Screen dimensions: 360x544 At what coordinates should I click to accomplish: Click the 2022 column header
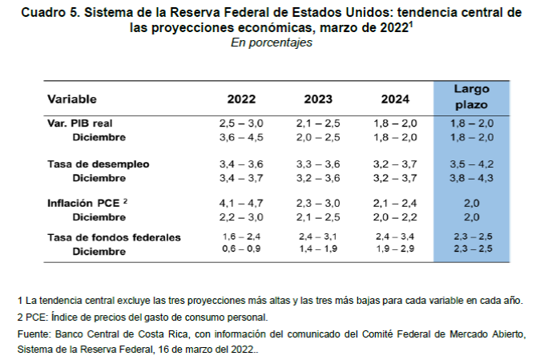[241, 99]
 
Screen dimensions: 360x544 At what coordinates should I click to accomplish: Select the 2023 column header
[318, 99]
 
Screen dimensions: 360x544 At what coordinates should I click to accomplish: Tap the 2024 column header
[396, 99]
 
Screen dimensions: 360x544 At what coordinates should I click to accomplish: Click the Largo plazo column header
[472, 97]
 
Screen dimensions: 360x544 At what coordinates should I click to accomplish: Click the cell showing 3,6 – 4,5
[241, 137]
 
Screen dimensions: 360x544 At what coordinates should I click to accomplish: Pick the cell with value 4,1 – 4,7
[241, 204]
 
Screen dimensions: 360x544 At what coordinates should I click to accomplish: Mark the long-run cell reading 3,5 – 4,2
[472, 164]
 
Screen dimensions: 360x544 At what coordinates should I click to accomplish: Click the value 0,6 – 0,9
[241, 250]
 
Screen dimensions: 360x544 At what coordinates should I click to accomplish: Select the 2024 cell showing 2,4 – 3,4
[396, 237]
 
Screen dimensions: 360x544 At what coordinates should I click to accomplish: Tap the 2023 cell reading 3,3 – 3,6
[318, 164]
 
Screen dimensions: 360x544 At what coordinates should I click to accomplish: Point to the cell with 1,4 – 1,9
[318, 250]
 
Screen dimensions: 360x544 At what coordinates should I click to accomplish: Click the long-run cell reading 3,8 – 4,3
[472, 177]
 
